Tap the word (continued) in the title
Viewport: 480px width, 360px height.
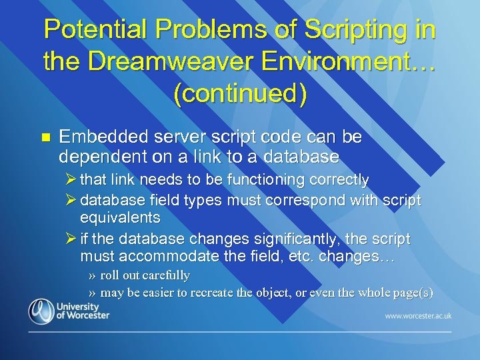[240, 93]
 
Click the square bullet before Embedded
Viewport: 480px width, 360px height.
[45, 137]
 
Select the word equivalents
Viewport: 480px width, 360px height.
[120, 217]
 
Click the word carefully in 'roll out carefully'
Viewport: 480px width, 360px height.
[166, 275]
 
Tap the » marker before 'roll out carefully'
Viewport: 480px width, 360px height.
[92, 276]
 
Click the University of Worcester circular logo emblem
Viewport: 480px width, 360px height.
[41, 311]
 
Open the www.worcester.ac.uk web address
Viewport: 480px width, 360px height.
[417, 315]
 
